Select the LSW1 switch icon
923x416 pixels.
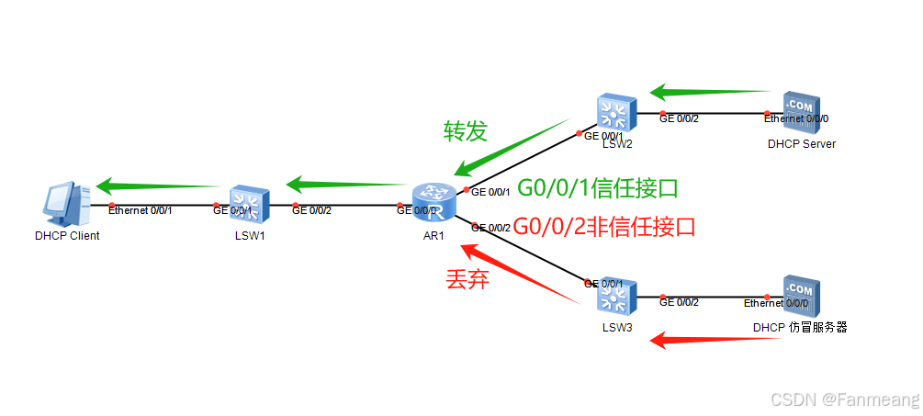click(x=250, y=206)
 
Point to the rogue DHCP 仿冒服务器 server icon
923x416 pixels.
click(x=799, y=297)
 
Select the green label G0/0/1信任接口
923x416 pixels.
click(x=598, y=188)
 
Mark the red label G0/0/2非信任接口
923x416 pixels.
click(x=603, y=225)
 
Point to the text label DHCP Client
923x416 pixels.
click(x=67, y=236)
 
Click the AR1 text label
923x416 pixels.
click(x=433, y=235)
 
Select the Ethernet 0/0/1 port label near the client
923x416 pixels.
click(x=140, y=210)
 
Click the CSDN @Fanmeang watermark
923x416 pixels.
click(x=844, y=399)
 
